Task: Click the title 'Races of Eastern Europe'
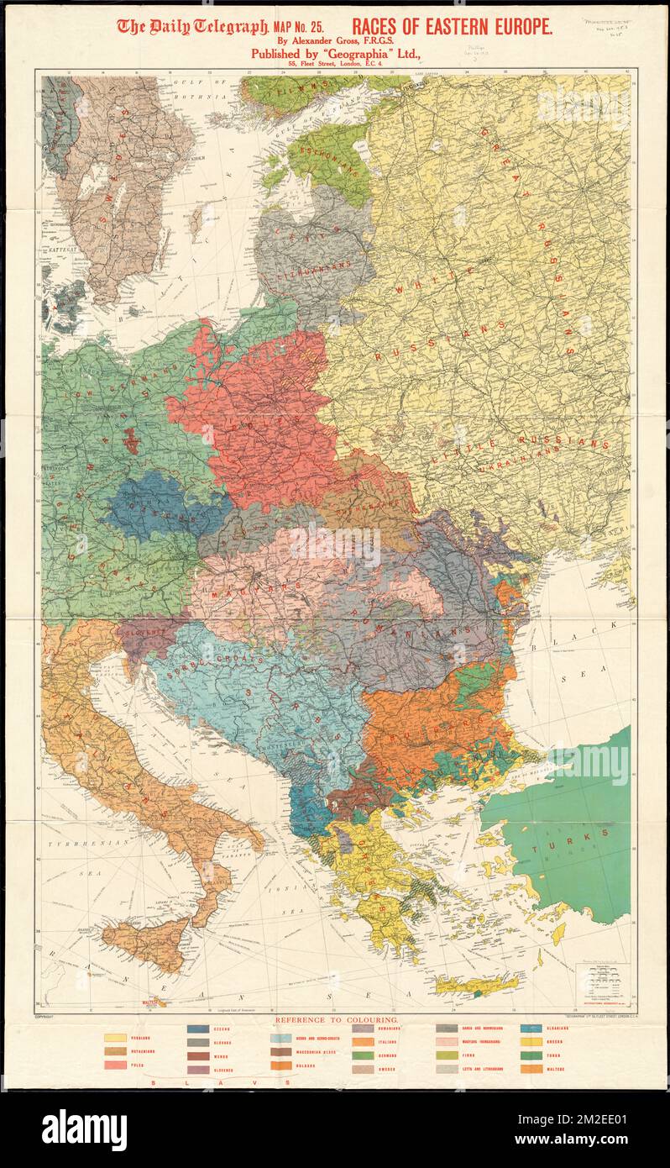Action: pyautogui.click(x=452, y=27)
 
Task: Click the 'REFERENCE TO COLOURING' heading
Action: pyautogui.click(x=337, y=1020)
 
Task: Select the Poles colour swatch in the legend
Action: pyautogui.click(x=115, y=1065)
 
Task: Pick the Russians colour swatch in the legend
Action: pyautogui.click(x=115, y=1037)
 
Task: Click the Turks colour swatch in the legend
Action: pyautogui.click(x=531, y=1055)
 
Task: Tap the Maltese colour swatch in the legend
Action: pyautogui.click(x=531, y=1069)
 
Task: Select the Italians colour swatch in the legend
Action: pyautogui.click(x=364, y=1042)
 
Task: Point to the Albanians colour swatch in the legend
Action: pyautogui.click(x=531, y=1028)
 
